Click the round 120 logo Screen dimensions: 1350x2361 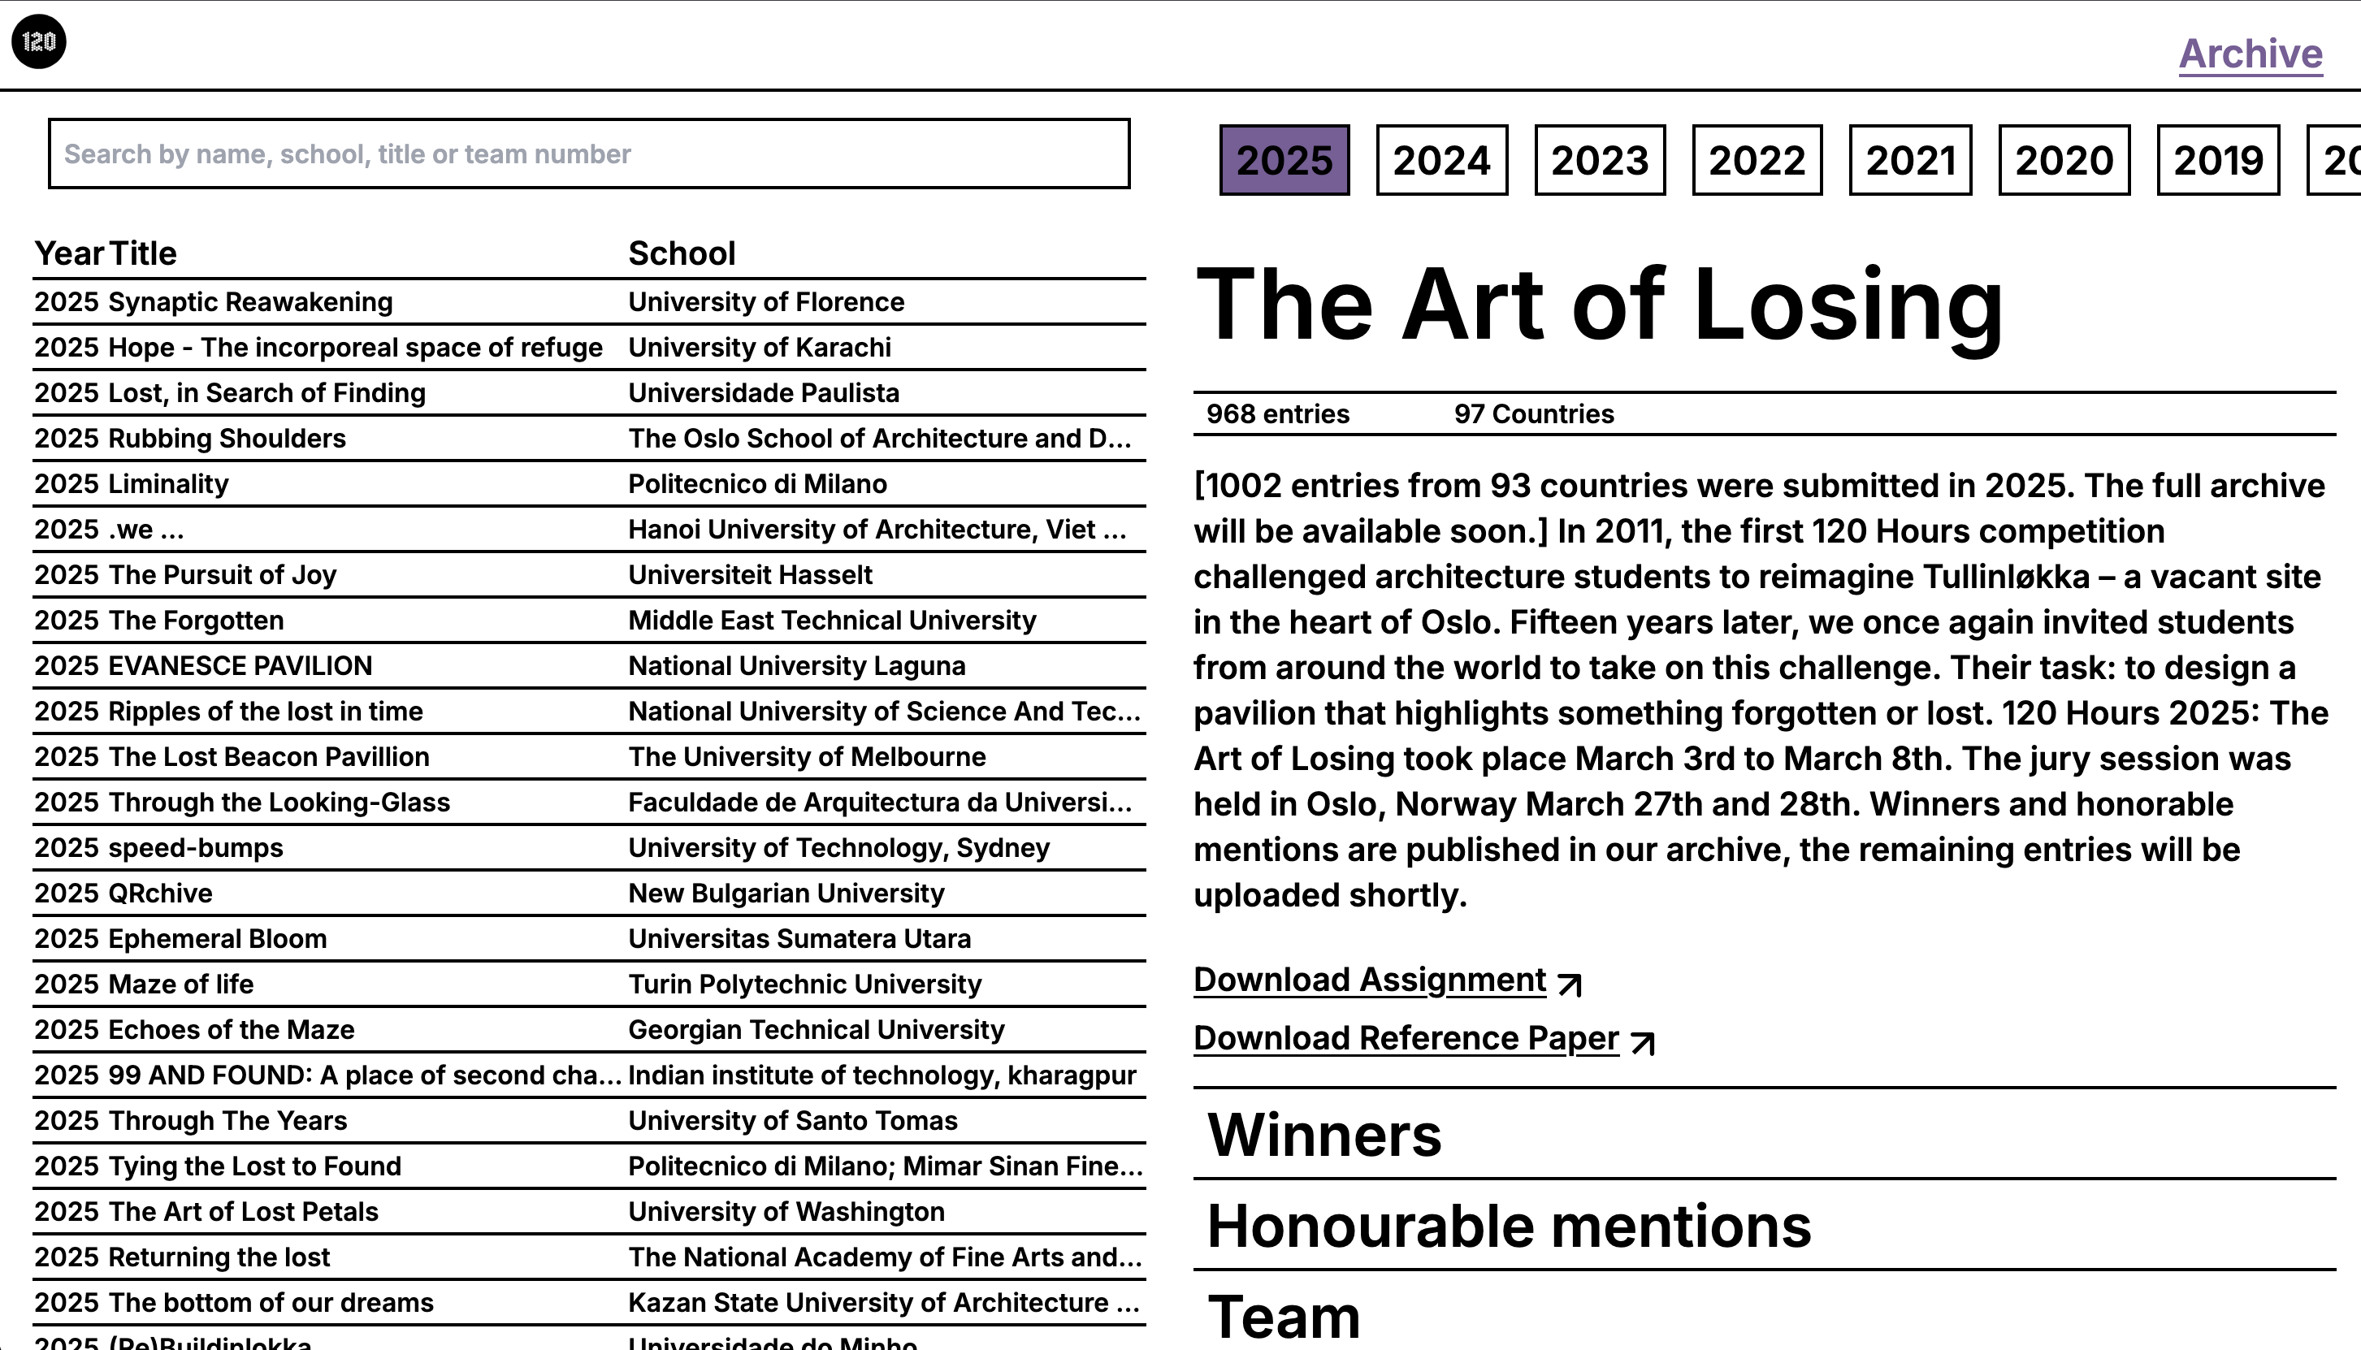pos(39,41)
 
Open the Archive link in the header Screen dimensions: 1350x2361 pos(2250,54)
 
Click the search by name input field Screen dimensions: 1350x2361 pos(589,154)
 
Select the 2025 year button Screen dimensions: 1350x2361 pos(1284,160)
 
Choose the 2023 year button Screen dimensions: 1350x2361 pos(1600,160)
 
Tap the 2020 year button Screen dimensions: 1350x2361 pos(2064,160)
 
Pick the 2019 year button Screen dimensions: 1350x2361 pos(2217,160)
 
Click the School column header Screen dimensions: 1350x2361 pos(682,253)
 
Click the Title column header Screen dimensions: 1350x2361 pos(143,253)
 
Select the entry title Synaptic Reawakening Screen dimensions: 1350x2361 pos(250,302)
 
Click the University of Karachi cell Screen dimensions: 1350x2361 pos(760,348)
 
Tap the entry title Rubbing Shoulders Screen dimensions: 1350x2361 pos(227,439)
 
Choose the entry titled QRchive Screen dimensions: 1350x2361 pos(160,894)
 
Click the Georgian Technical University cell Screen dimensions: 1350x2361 pos(816,1030)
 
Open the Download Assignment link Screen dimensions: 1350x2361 pos(1370,980)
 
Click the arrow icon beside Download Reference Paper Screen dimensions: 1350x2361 pos(1642,1043)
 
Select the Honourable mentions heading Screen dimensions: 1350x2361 pos(1509,1227)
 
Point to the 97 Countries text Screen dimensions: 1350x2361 pos(1534,414)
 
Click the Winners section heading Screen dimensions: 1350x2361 pos(1324,1135)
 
